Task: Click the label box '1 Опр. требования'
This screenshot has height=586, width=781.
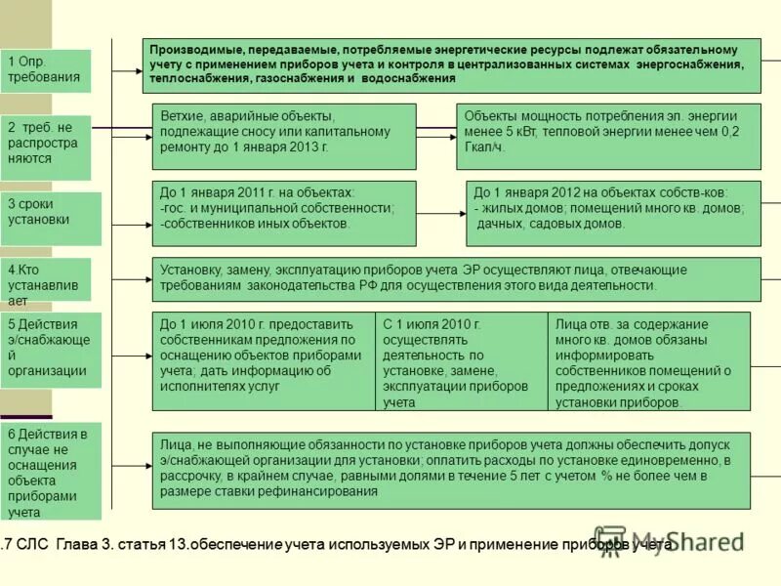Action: (46, 70)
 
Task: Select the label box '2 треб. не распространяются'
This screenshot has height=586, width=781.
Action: (46, 147)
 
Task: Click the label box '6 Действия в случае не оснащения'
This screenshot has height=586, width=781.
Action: (51, 471)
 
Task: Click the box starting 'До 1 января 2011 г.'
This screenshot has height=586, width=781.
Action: (284, 212)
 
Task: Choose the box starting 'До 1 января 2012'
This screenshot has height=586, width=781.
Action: (614, 212)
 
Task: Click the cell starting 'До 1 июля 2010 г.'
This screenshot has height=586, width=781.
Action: (264, 360)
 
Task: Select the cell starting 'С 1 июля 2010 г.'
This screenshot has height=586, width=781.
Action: (461, 360)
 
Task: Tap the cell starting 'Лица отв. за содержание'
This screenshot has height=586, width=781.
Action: (649, 360)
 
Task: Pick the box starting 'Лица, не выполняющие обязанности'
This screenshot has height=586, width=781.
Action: (451, 470)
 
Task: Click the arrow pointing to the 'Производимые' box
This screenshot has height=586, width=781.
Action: (127, 70)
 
